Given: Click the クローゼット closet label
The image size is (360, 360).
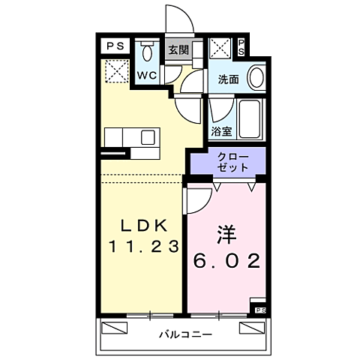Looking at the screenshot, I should coord(229,162).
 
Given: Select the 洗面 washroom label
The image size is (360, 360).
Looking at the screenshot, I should coord(228,78).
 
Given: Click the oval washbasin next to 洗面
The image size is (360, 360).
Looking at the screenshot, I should coord(256,78).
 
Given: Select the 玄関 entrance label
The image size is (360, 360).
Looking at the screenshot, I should coord(178,50).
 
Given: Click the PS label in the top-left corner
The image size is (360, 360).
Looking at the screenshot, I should coord(115,46).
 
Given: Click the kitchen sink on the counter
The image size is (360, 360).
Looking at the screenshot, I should coord(148,136).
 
